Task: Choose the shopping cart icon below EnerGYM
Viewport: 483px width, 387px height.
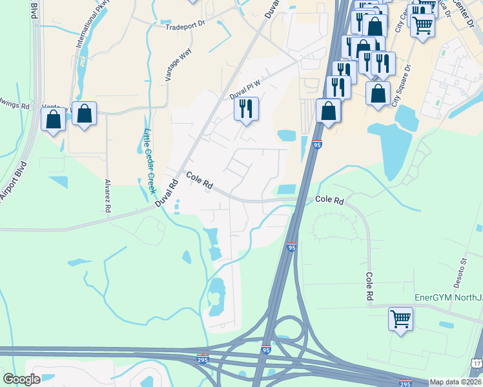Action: point(401,318)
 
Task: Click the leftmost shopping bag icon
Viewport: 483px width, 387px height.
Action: point(53,119)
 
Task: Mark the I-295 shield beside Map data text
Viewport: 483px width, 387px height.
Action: point(405,382)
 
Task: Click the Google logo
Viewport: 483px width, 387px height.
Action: point(22,379)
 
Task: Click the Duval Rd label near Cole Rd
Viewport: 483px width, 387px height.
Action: point(167,192)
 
